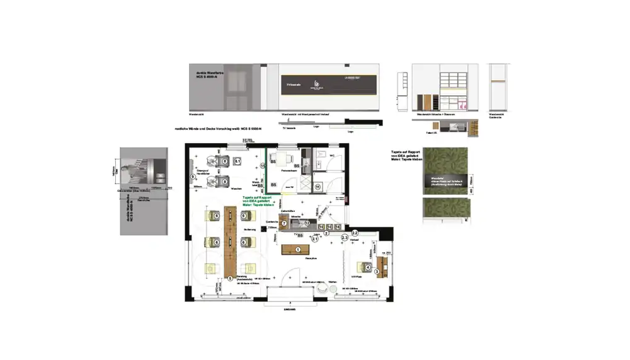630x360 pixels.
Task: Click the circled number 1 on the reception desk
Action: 298,250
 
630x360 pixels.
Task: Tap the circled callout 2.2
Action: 355,233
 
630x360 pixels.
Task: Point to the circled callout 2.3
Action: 345,237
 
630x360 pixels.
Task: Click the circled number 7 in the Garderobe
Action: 285,223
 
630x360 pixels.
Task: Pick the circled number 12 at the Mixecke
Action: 307,223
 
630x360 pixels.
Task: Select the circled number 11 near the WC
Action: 318,187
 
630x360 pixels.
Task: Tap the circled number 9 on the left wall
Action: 193,177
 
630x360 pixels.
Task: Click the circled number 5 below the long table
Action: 230,277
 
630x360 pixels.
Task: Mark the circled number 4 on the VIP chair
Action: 368,267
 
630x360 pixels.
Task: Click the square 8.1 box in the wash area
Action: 238,162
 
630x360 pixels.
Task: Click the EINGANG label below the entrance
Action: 290,310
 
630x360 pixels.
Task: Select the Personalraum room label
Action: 289,171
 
